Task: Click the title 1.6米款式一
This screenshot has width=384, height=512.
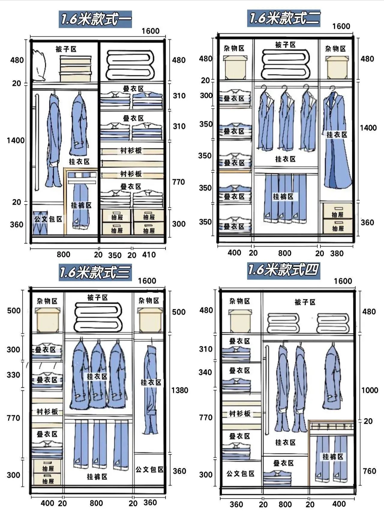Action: tap(95, 19)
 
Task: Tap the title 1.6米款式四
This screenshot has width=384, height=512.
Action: tap(283, 270)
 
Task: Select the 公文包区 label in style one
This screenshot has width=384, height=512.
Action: tap(48, 219)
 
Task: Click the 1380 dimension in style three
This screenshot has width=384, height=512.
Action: tap(180, 390)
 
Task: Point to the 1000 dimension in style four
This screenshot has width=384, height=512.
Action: tap(370, 390)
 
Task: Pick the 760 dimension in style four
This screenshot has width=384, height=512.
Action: tap(370, 471)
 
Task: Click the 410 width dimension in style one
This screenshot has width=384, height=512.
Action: tap(149, 255)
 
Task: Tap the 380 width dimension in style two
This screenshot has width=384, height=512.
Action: tap(337, 253)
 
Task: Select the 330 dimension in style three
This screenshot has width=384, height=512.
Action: tap(13, 375)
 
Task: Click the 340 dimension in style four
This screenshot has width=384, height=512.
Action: tap(205, 372)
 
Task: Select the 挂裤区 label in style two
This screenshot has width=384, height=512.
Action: tap(283, 197)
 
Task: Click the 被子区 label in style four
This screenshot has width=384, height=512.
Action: tap(305, 302)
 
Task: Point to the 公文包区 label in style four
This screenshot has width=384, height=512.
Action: tap(240, 474)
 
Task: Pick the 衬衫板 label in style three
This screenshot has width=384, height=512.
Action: tap(47, 411)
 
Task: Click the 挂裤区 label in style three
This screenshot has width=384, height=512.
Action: tap(97, 477)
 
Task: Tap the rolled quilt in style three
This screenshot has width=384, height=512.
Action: tap(98, 317)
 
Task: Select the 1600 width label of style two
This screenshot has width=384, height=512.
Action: tap(341, 26)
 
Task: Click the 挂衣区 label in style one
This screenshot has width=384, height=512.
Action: tap(79, 162)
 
